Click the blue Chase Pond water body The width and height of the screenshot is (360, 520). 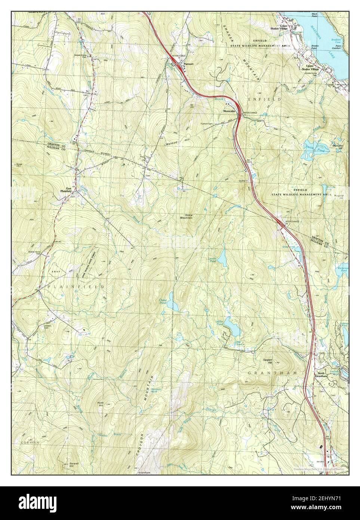(173, 302)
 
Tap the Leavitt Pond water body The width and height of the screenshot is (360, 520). (222, 257)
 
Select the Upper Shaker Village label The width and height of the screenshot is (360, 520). (311, 68)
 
